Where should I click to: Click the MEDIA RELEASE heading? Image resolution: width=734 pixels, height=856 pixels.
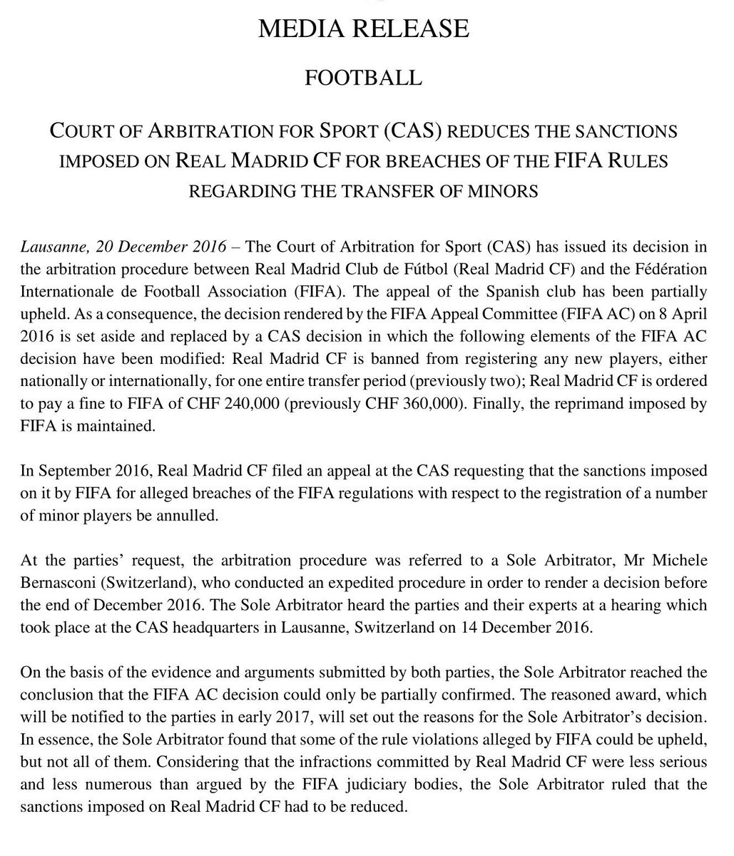363,29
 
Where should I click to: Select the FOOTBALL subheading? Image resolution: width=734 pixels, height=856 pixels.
363,76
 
